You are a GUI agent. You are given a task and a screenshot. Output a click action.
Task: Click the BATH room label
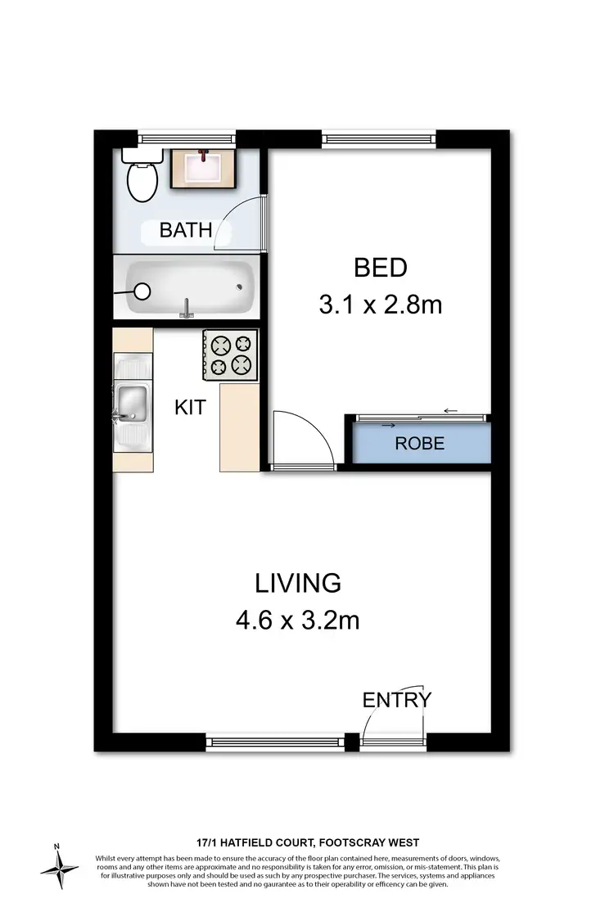(186, 229)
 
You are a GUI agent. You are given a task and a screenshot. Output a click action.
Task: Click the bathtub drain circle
(142, 291)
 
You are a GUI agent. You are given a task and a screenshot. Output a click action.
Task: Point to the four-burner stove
(230, 354)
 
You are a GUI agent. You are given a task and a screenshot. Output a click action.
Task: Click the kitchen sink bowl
(131, 402)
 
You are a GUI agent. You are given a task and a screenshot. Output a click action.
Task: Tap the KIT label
(190, 406)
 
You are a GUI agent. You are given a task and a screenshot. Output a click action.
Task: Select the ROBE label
(419, 444)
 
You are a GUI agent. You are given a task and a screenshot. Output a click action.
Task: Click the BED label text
(380, 268)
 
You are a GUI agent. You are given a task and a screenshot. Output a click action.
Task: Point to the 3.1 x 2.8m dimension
(380, 305)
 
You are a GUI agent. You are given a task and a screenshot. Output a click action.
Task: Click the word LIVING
(297, 583)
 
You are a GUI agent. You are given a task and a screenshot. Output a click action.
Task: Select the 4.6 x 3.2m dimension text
(297, 621)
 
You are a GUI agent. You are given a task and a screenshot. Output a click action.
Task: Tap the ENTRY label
(396, 699)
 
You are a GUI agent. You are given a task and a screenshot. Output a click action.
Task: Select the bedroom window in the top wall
(379, 138)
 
